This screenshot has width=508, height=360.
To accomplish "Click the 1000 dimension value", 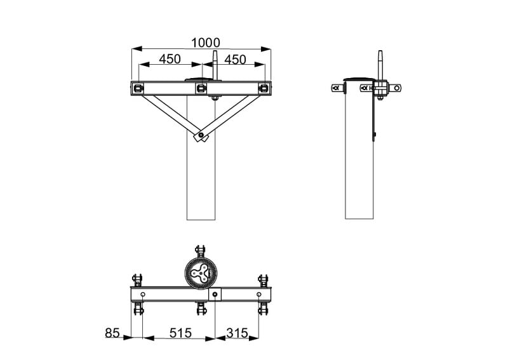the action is (x=206, y=43).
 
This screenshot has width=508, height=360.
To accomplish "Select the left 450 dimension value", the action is (x=170, y=59).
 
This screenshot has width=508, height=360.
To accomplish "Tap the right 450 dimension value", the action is (x=235, y=59).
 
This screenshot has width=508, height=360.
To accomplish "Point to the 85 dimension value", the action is (x=112, y=333).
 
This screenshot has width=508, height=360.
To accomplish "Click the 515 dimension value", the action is (x=181, y=333).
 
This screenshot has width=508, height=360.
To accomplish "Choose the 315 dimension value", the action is (x=237, y=333).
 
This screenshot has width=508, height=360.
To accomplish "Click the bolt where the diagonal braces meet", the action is (x=201, y=135).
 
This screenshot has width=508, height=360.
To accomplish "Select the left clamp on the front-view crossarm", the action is (x=138, y=88).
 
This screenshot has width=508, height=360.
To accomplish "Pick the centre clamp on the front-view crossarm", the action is (x=201, y=88).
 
